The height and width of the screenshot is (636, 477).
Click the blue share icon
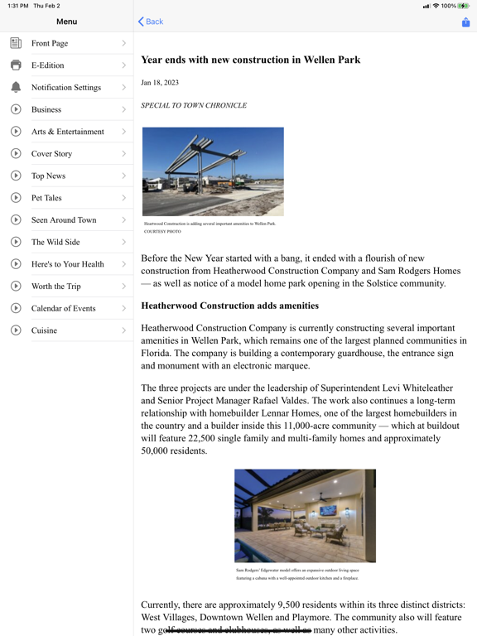tap(465, 22)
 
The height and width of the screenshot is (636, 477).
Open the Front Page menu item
tap(50, 43)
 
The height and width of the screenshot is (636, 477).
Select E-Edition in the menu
tap(47, 65)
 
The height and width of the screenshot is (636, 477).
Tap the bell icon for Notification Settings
tap(16, 87)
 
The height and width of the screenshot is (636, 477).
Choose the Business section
tap(46, 109)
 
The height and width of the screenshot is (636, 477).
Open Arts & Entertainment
tap(68, 132)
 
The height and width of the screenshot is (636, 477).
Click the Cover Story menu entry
tap(51, 154)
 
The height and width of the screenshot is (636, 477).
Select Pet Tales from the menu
tap(46, 198)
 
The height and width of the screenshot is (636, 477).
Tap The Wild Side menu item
tap(55, 242)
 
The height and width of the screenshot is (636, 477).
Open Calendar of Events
tap(64, 308)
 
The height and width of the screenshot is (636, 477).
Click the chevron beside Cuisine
tap(123, 330)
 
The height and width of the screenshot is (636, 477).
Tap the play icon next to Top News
tap(16, 176)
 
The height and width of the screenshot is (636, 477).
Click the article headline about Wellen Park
tap(250, 60)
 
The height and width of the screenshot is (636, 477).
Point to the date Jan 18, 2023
tap(160, 83)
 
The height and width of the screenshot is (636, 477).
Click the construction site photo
tap(213, 171)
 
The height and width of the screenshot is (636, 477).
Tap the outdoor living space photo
tap(305, 516)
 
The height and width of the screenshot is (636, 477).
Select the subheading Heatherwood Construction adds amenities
tap(229, 306)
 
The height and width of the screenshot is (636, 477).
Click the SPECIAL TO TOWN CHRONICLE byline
tap(194, 106)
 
